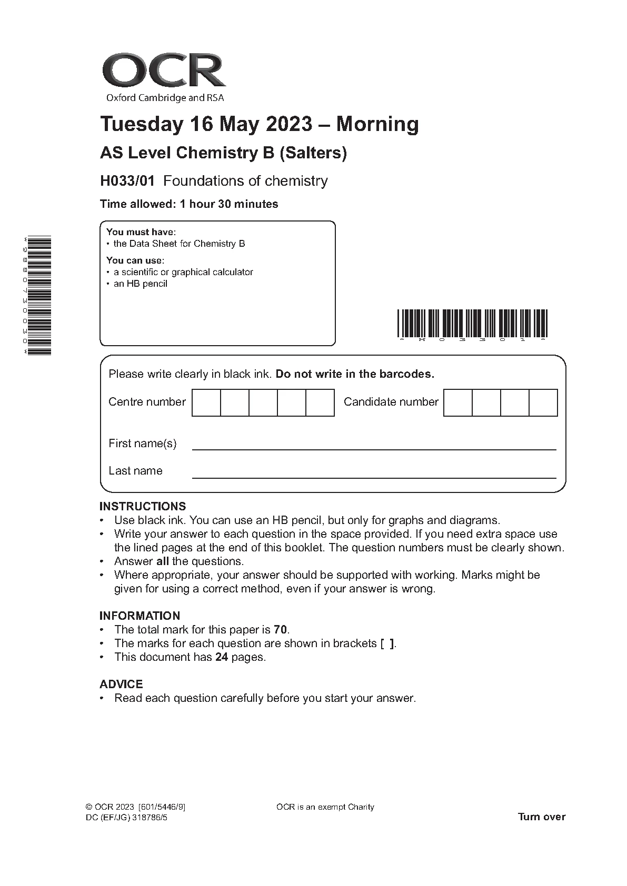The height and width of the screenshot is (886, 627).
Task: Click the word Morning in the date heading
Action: pos(377,124)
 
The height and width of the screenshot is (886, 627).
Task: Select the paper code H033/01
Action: pos(127,181)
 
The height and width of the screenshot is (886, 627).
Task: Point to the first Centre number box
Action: pos(206,402)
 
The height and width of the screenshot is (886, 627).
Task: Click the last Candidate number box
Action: pos(543,402)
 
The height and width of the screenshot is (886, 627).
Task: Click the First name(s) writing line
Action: pos(374,448)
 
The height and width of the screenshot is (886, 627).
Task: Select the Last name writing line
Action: pos(374,476)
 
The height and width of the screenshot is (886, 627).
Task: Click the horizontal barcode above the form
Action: pos(472,323)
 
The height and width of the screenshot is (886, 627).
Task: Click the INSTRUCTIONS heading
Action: pos(143,506)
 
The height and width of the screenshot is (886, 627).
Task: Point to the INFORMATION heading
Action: pos(140,616)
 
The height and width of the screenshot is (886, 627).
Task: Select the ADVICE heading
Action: pos(121,684)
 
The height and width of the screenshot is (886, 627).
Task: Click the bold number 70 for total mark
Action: pos(280,630)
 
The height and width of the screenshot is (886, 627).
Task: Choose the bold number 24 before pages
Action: pos(222,657)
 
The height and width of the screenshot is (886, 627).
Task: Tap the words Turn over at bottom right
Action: pos(542,817)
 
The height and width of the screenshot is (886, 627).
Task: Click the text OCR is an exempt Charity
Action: pos(325,807)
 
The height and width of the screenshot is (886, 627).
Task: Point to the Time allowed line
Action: pos(189,204)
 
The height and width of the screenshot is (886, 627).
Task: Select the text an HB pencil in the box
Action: pos(141,284)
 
